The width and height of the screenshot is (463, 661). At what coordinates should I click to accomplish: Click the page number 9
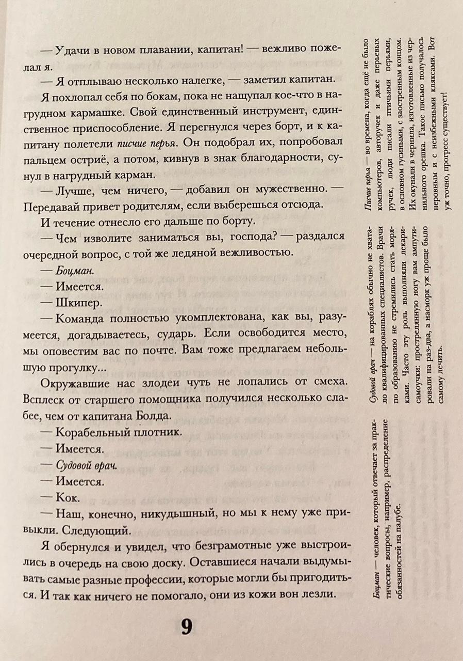pos(186,627)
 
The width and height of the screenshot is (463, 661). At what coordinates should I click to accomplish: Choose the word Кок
pos(67,498)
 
